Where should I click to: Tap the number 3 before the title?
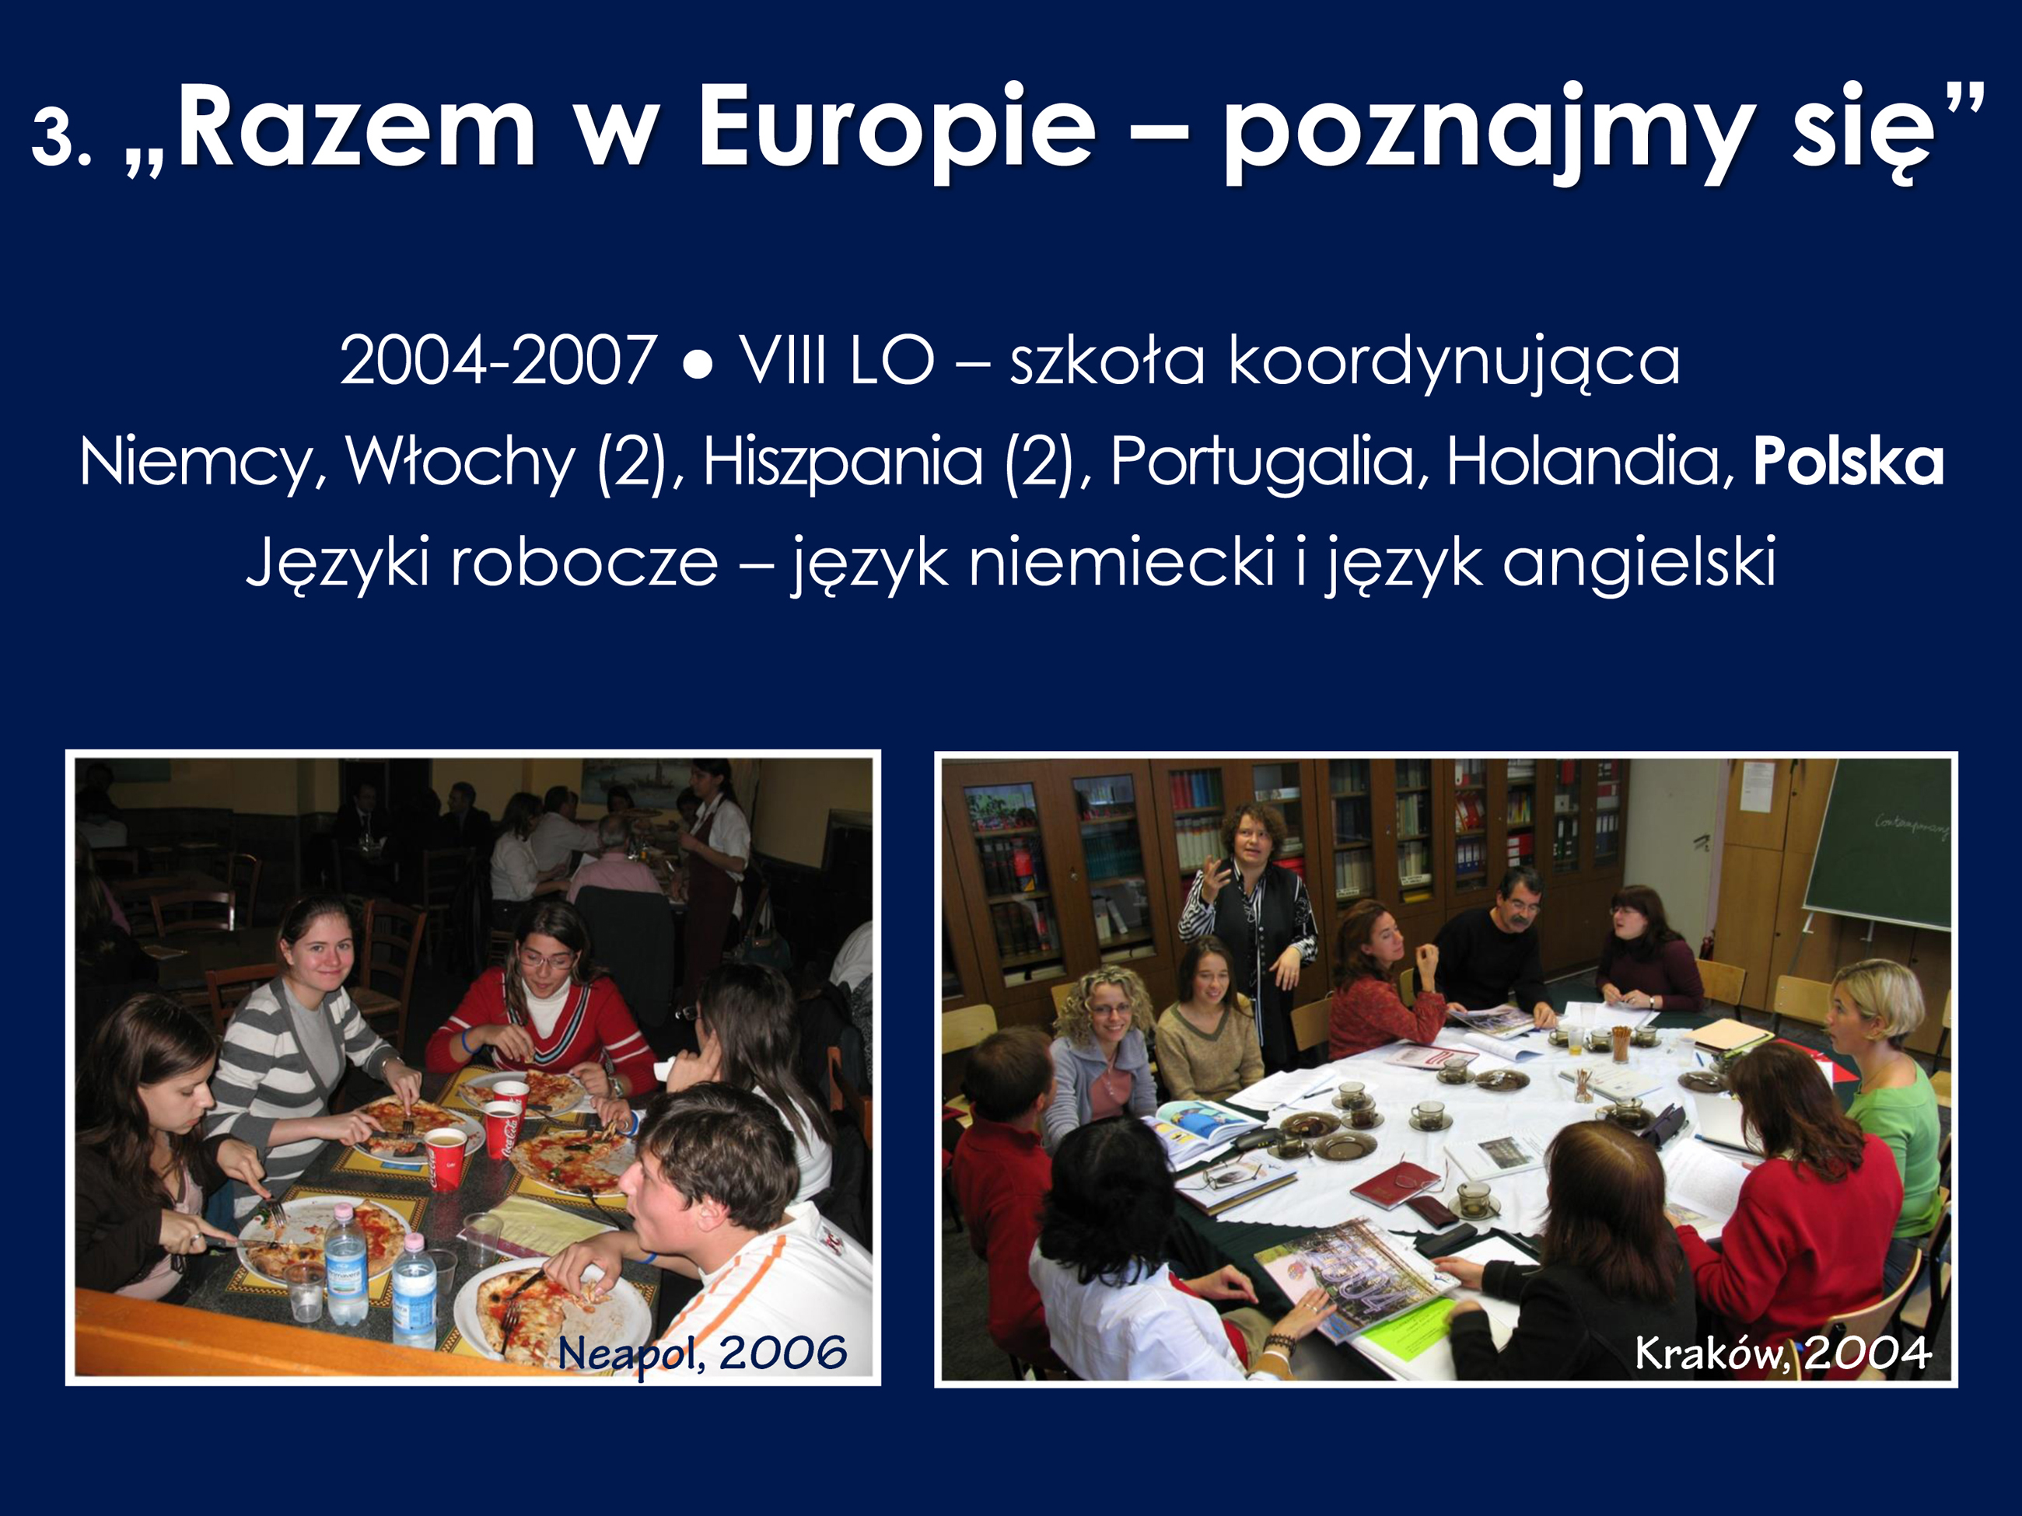click(x=52, y=137)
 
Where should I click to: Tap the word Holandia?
click(x=1590, y=463)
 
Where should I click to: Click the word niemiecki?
click(x=1121, y=562)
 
